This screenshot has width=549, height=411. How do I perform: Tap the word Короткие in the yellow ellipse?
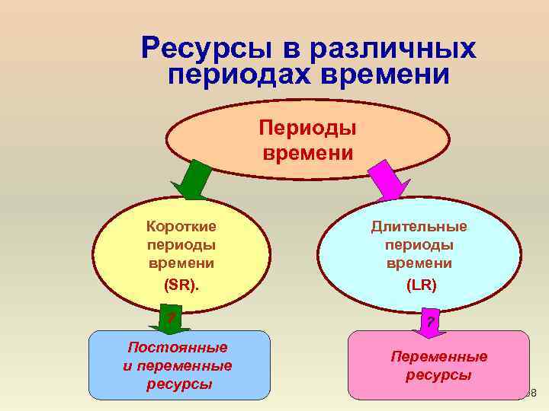point(181,226)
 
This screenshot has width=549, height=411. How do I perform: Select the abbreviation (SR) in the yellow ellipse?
point(180,285)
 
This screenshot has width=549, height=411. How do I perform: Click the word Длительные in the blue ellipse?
point(419,226)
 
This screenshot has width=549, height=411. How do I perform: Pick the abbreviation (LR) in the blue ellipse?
point(421,285)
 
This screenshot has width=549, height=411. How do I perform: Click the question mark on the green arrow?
point(171,316)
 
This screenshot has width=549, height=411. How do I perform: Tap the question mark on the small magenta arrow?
point(431,322)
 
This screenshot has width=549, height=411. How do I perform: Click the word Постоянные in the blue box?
point(178,347)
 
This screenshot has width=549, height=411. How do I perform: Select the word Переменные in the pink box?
point(438,356)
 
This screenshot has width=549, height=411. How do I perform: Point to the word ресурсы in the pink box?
point(438,375)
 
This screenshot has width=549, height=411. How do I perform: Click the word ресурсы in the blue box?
point(178,384)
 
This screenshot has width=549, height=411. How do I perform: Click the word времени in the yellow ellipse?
point(181,263)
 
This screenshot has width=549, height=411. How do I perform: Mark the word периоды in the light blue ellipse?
point(419,245)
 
